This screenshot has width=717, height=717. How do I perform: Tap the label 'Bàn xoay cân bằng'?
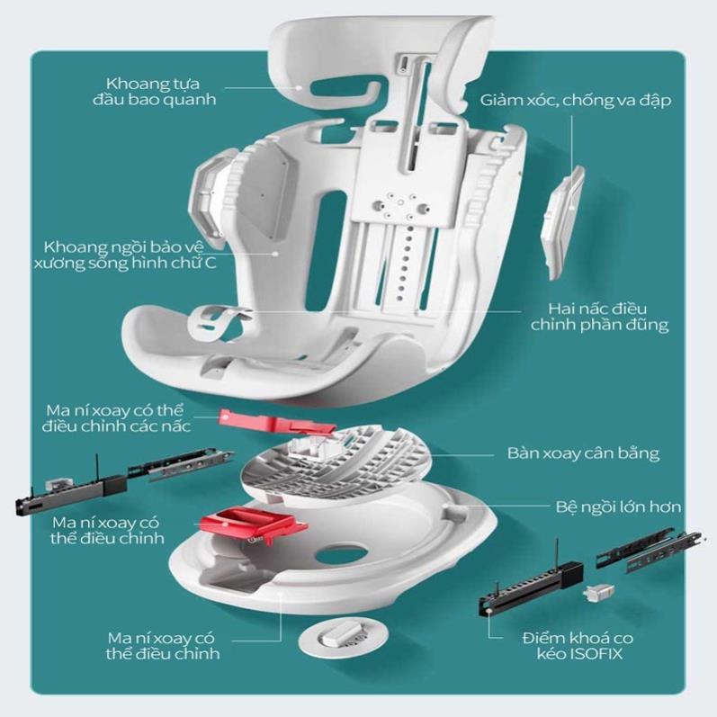[581, 452]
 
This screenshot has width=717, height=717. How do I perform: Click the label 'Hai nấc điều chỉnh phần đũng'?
[596, 315]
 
